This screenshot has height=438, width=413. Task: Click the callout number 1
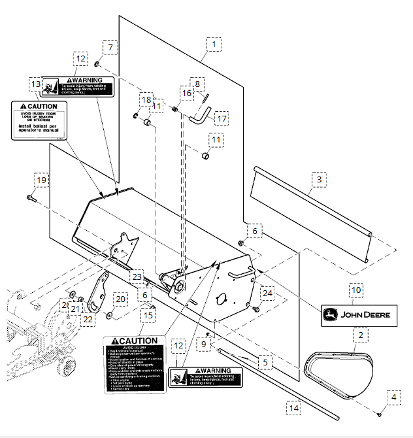[x=212, y=44]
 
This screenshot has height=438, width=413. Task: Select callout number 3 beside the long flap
[x=318, y=178]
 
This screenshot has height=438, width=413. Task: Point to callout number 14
[x=294, y=407]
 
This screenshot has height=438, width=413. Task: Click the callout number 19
[x=41, y=180]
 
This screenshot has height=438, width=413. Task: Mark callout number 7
[x=110, y=47]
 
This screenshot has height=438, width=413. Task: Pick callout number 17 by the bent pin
[x=222, y=119]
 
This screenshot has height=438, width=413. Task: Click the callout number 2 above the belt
[x=358, y=335]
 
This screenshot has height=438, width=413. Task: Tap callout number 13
[x=35, y=85]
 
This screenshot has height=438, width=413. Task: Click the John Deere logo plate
[x=357, y=315]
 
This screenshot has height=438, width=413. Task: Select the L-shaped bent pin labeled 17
[x=197, y=119]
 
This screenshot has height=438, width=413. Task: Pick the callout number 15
[x=148, y=315]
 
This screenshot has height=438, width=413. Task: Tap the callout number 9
[x=204, y=344]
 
